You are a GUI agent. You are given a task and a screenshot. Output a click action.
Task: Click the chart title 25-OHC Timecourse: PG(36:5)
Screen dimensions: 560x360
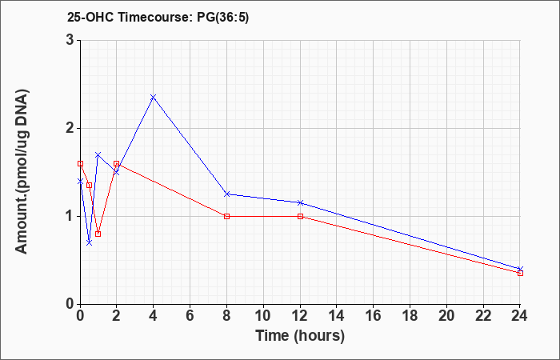[158, 17]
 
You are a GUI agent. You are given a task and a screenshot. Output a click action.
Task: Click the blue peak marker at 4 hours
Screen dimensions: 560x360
[154, 97]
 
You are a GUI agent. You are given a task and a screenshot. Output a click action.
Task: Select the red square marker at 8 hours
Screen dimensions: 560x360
[226, 217]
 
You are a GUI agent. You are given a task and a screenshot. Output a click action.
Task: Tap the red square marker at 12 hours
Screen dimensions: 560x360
[300, 217]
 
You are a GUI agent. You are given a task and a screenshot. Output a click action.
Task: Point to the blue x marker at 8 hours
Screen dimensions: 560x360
[226, 194]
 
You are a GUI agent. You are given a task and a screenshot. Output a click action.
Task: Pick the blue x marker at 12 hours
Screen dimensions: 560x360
[300, 203]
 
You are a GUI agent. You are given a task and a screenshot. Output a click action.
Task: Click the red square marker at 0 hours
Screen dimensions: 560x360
[80, 163]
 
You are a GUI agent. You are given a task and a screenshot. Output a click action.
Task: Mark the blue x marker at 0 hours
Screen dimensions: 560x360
[80, 182]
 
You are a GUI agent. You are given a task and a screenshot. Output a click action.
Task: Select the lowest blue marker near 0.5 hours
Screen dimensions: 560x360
[90, 243]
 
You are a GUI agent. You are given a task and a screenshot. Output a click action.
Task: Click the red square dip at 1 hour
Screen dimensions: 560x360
[98, 234]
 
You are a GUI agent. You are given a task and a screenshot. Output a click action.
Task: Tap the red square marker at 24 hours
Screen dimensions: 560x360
[520, 274]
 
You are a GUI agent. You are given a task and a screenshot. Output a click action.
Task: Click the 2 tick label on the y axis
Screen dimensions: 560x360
[70, 128]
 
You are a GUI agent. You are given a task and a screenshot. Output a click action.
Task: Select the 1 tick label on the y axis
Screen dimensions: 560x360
[70, 217]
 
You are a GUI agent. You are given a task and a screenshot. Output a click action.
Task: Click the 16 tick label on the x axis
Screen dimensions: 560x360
[374, 316]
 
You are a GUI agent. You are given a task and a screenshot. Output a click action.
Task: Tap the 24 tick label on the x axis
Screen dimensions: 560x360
[520, 316]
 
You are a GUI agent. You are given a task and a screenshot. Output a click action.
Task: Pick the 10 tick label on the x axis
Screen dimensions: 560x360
[263, 316]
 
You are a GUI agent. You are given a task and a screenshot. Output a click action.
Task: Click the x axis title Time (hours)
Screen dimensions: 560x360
[300, 336]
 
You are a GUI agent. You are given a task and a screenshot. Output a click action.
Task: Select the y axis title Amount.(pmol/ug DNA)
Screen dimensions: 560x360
[22, 172]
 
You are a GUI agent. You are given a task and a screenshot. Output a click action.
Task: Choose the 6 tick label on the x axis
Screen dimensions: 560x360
[190, 316]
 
